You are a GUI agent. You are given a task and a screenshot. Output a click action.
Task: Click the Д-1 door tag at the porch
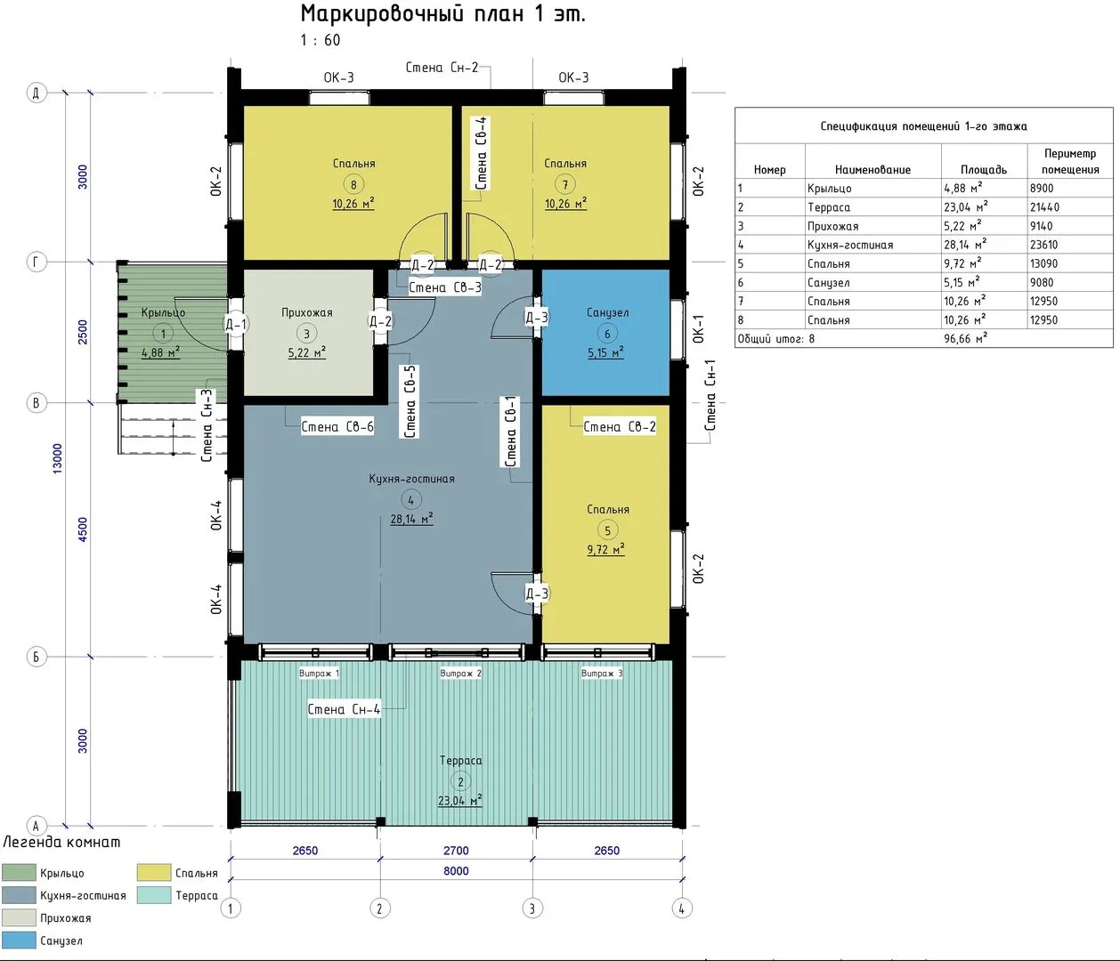[x=236, y=324]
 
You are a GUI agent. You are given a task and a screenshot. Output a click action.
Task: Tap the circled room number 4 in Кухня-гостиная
[x=410, y=500]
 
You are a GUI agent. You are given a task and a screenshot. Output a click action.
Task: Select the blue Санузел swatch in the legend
[x=19, y=941]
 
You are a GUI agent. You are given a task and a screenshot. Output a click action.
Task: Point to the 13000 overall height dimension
[x=58, y=458]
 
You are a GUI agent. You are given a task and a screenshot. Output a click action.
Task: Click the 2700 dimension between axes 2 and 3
[x=456, y=851]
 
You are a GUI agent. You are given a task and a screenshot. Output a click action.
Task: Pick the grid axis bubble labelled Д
[x=37, y=93]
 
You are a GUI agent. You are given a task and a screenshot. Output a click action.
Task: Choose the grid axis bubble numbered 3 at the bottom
[x=532, y=909]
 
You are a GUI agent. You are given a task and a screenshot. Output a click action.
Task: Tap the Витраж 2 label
[x=460, y=674]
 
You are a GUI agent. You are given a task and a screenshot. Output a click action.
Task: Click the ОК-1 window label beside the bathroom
[x=699, y=328]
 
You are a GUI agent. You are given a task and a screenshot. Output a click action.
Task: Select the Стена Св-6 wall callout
[x=337, y=427]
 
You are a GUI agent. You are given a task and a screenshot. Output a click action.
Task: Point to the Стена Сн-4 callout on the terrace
[x=344, y=709]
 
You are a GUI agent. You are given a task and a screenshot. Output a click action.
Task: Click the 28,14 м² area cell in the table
[x=965, y=245]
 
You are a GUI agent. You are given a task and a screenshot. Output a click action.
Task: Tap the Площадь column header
[x=984, y=170]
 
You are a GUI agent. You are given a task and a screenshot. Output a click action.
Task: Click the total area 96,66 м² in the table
[x=966, y=339]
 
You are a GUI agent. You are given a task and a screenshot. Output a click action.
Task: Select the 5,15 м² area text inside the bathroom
[x=605, y=352]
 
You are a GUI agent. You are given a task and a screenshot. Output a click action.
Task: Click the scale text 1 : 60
[x=321, y=40]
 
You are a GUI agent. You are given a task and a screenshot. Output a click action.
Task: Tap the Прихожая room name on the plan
[x=306, y=312]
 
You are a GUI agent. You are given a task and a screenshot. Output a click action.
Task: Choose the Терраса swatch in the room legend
[x=154, y=895]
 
